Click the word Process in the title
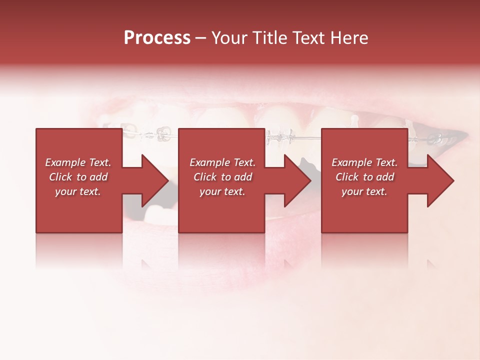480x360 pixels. pos(157,38)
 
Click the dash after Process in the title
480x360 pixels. pos(200,38)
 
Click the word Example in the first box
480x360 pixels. pos(65,162)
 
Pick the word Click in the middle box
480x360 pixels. pos(205,177)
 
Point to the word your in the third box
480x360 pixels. pos(352,191)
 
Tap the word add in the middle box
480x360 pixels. pos(243,177)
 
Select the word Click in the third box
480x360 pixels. pos(347,177)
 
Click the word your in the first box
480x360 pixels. pos(66,191)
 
